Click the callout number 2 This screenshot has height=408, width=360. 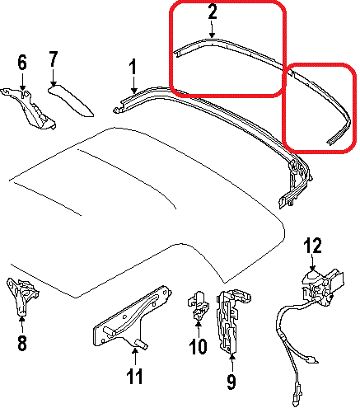click(213, 12)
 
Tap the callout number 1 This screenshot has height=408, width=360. click(133, 67)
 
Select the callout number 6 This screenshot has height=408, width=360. click(22, 62)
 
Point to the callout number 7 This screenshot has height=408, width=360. click(54, 59)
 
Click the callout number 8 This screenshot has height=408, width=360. click(22, 342)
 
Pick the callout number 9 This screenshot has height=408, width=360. click(231, 382)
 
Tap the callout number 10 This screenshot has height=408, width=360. click(198, 346)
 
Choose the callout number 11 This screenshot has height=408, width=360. click(135, 376)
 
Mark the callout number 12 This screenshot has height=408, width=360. click(312, 245)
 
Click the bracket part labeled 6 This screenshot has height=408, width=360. click(29, 109)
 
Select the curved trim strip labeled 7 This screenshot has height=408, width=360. click(71, 100)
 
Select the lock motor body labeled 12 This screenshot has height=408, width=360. click(323, 287)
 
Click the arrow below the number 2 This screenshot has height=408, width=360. click(212, 30)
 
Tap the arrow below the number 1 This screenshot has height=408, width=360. click(133, 85)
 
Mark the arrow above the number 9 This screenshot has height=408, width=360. click(232, 363)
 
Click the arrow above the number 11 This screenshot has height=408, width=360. click(135, 357)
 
